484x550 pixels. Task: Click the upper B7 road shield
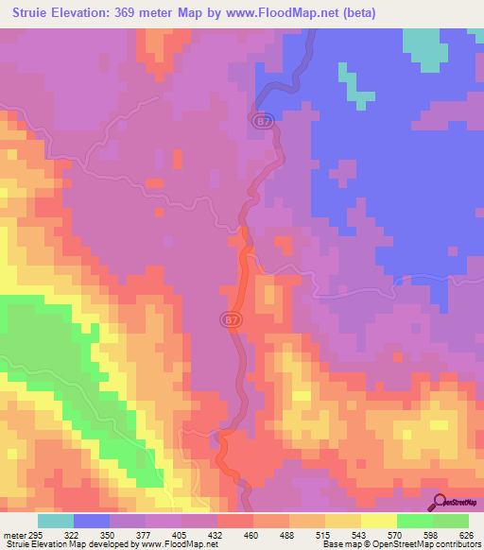pyautogui.click(x=263, y=121)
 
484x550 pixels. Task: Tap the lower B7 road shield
pyautogui.click(x=232, y=320)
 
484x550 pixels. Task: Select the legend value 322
pyautogui.click(x=73, y=534)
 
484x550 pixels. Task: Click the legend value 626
pyautogui.click(x=467, y=534)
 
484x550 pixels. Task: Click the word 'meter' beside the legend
pyautogui.click(x=13, y=534)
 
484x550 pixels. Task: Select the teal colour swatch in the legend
pyautogui.click(x=55, y=521)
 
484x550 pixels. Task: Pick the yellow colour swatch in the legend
pyautogui.click(x=378, y=521)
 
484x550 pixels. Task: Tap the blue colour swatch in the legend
pyautogui.click(x=91, y=521)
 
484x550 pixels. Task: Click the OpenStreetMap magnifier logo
pyautogui.click(x=439, y=501)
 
